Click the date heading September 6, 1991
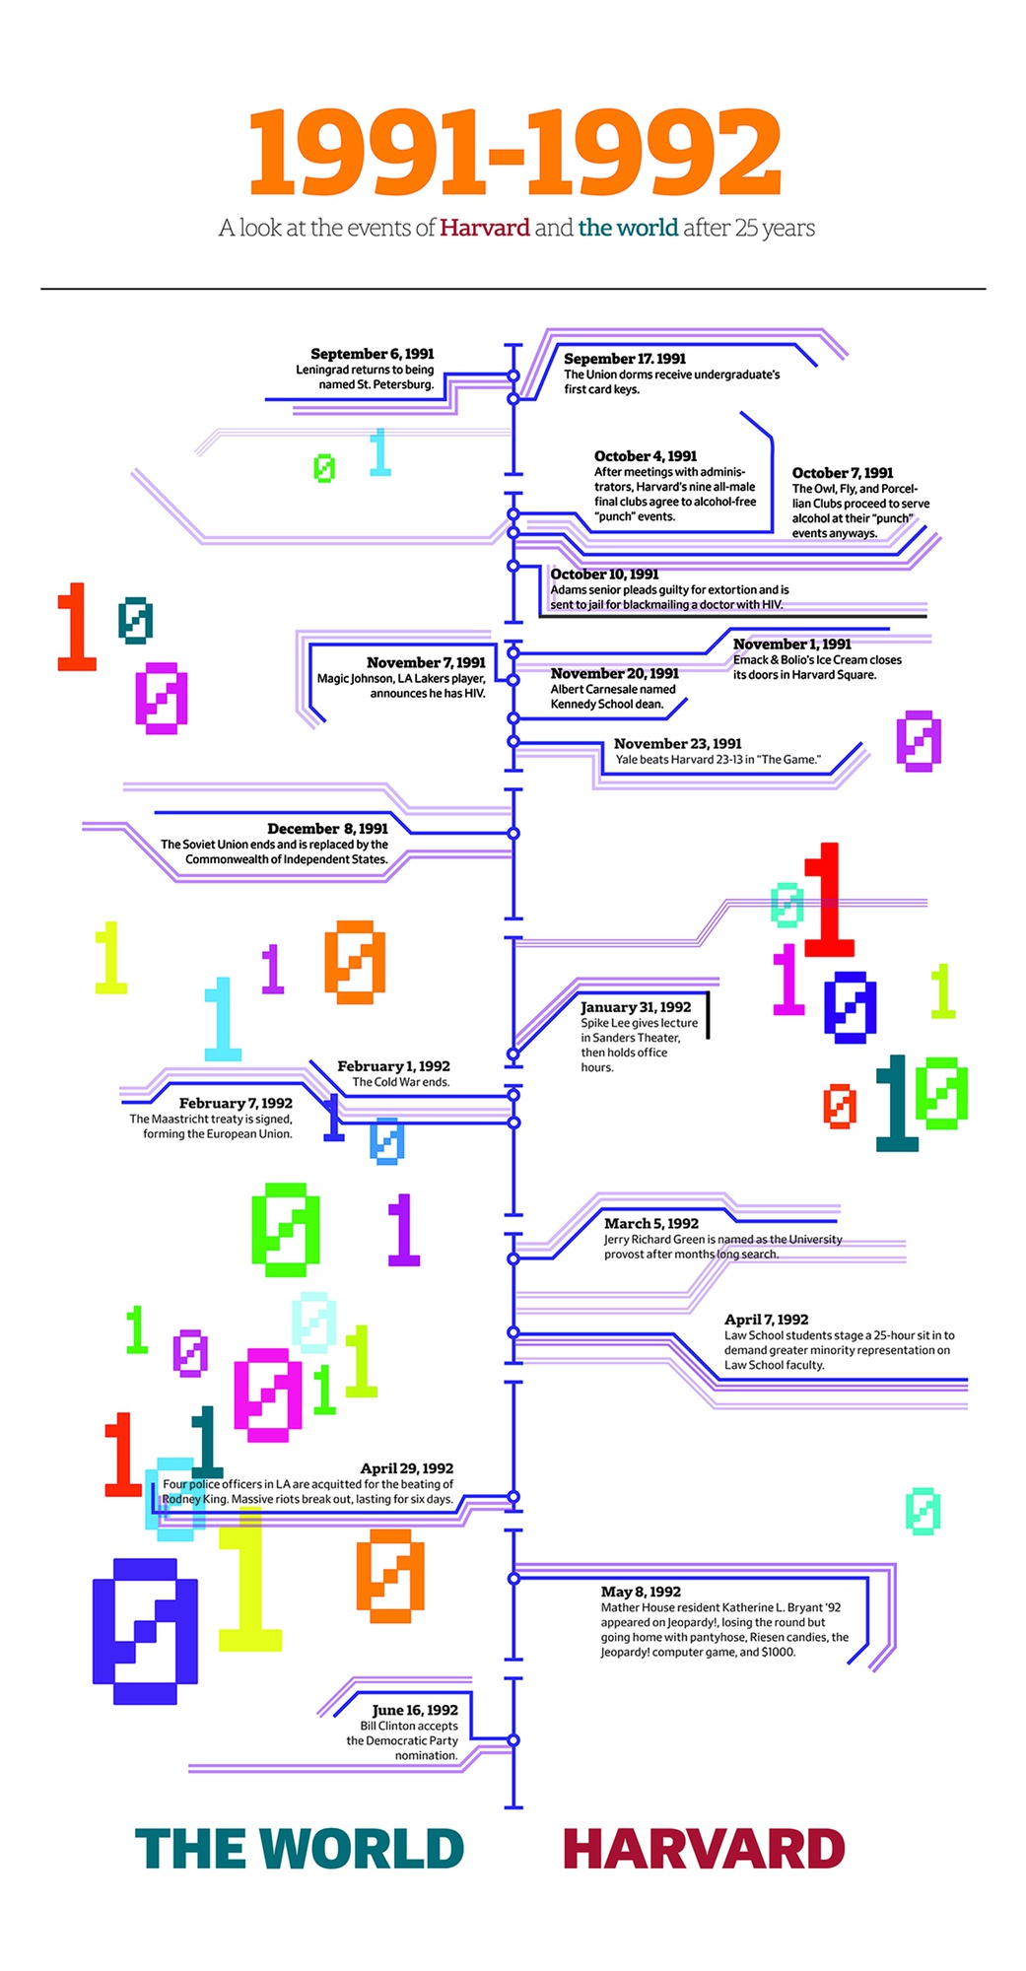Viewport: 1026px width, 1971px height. coord(372,354)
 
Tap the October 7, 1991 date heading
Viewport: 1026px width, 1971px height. coord(843,473)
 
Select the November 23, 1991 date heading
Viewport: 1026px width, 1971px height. coord(677,744)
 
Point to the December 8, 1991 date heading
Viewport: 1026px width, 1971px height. coord(327,829)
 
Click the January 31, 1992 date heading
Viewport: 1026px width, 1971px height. coord(636,1007)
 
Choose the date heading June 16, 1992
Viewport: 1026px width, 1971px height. coord(415,1710)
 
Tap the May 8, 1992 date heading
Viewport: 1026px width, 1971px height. coord(641,1592)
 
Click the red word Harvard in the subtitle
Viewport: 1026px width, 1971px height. coord(484,228)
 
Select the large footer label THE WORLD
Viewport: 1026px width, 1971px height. coord(299,1849)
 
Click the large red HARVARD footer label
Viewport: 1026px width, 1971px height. coord(704,1849)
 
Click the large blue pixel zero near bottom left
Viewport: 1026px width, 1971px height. coord(145,1631)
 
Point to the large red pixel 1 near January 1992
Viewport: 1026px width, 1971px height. coord(828,900)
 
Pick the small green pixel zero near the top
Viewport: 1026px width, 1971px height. coord(324,468)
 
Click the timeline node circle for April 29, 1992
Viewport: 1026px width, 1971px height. coord(513,1497)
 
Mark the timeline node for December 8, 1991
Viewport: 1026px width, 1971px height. coord(513,834)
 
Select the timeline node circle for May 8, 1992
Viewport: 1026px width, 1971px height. coord(513,1579)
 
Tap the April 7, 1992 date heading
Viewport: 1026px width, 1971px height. coord(766,1320)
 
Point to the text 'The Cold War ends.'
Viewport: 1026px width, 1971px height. coord(400,1082)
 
